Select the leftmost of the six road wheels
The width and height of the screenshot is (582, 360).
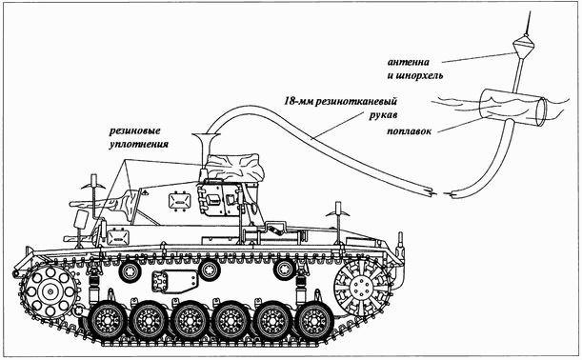107,322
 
